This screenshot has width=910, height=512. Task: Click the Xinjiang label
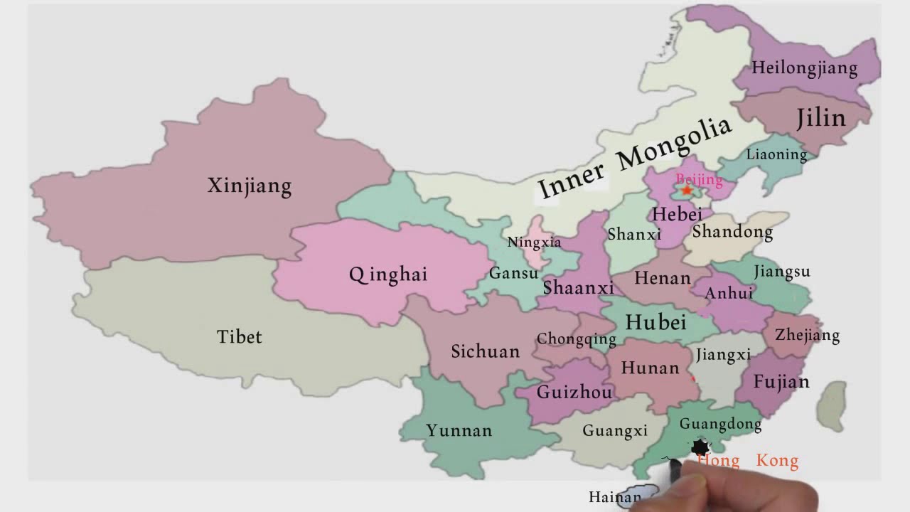click(x=250, y=186)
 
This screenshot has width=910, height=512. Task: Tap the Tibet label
click(x=240, y=336)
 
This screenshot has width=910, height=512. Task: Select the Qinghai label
click(x=388, y=274)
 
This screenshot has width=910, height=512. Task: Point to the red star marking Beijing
click(x=687, y=191)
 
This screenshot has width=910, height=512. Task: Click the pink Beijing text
click(x=699, y=179)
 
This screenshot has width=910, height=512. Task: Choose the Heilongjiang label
click(x=805, y=69)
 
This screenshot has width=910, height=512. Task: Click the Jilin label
click(x=821, y=118)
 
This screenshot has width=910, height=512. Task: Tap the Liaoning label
click(x=776, y=154)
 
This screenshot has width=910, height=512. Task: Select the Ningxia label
click(x=534, y=242)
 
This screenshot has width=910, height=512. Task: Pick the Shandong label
click(x=732, y=232)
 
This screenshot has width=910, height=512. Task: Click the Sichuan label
click(x=486, y=351)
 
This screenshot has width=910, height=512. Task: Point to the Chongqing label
click(x=576, y=339)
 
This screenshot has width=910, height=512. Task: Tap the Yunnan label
click(x=459, y=430)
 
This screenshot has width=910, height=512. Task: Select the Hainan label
click(x=614, y=497)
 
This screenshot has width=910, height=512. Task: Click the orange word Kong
click(x=777, y=461)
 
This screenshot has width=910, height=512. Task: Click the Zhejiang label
click(x=807, y=335)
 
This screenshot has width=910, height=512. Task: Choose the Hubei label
click(x=655, y=322)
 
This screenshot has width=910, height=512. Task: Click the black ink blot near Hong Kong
click(x=701, y=447)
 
